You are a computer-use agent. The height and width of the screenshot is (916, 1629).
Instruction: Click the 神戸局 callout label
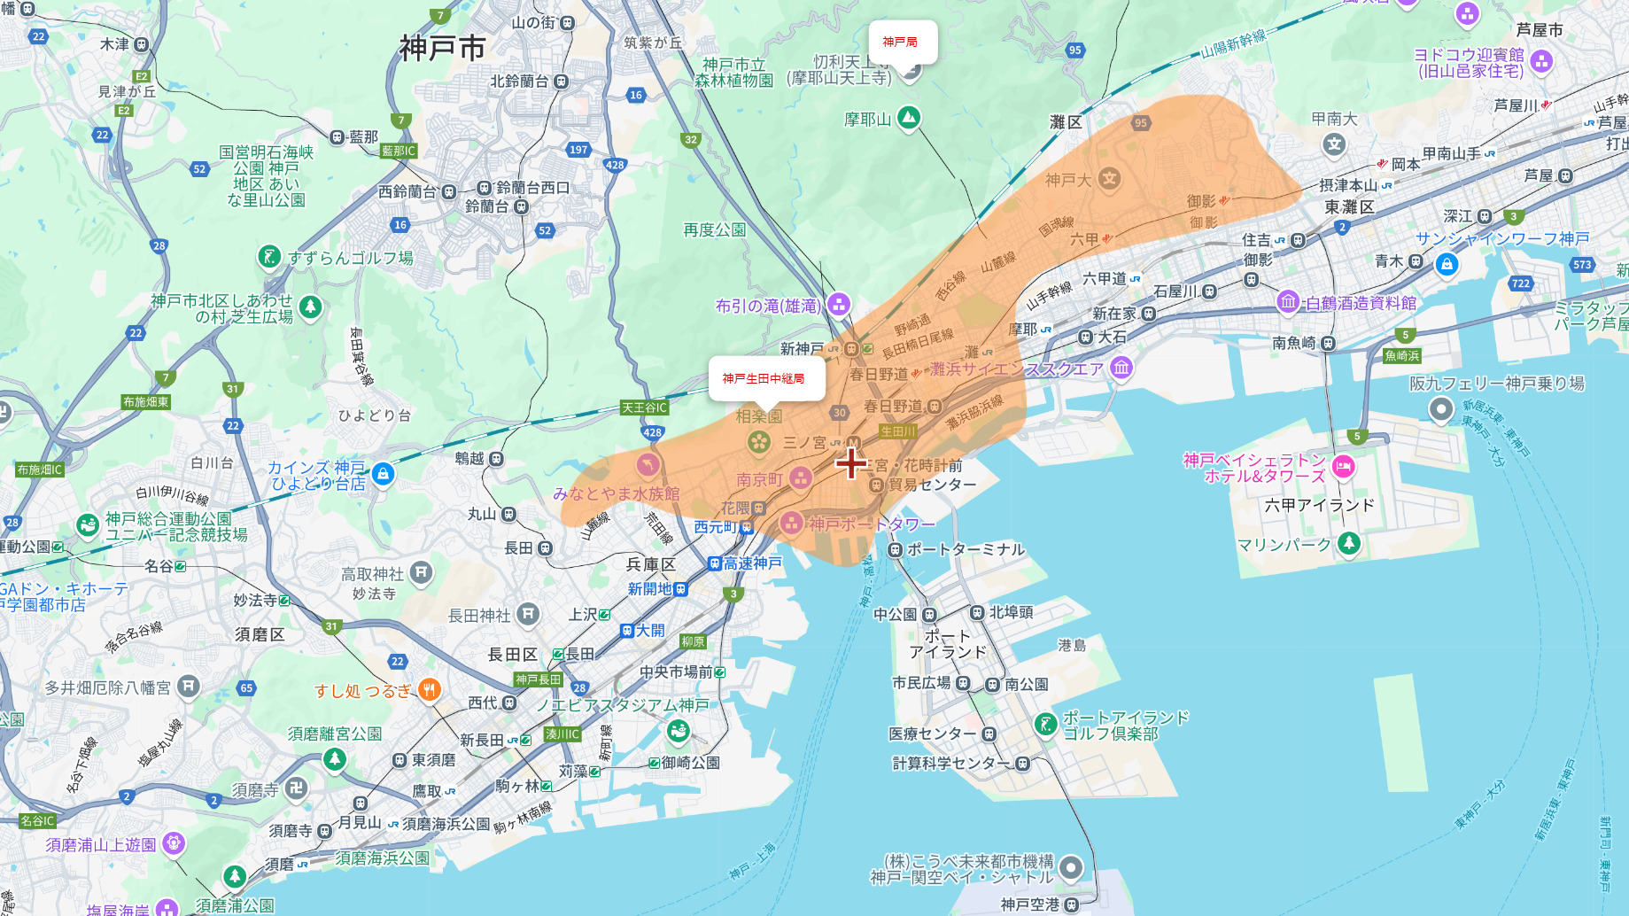point(900,42)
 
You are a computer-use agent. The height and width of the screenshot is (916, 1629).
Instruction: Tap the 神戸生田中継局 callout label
point(764,378)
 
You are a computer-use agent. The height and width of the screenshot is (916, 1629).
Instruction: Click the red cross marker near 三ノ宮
point(851,462)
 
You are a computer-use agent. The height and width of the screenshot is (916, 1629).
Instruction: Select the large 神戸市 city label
point(442,48)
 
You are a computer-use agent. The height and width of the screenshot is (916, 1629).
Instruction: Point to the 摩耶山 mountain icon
point(908,118)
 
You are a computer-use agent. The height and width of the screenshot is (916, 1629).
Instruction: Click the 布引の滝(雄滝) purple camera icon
point(838,306)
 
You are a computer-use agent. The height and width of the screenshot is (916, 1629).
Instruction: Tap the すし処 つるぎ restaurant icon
point(430,690)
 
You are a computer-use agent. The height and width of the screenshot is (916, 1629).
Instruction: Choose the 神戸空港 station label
point(1030,904)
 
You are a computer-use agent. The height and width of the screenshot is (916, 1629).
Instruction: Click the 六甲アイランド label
point(1319,505)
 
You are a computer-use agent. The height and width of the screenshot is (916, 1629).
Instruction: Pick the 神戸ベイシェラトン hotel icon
point(1343,467)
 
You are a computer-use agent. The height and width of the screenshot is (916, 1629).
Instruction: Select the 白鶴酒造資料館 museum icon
point(1287,302)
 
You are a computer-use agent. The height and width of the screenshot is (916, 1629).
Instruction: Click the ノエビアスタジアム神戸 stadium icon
point(679,731)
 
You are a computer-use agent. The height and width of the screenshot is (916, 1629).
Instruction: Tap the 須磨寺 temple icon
point(296,788)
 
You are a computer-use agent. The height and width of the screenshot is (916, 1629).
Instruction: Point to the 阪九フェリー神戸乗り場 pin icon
point(1441,409)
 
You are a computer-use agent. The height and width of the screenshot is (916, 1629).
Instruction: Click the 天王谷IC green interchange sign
point(644,408)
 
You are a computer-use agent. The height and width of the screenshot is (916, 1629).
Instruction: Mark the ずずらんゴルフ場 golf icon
point(268,258)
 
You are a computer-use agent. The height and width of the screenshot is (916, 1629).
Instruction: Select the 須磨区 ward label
point(260,634)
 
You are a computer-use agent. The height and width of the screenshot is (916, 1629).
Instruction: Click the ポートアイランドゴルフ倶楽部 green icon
point(1046,725)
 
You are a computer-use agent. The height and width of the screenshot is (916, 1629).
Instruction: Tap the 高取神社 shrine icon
point(421,573)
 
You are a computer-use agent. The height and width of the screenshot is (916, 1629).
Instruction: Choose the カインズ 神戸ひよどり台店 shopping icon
point(383,475)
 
